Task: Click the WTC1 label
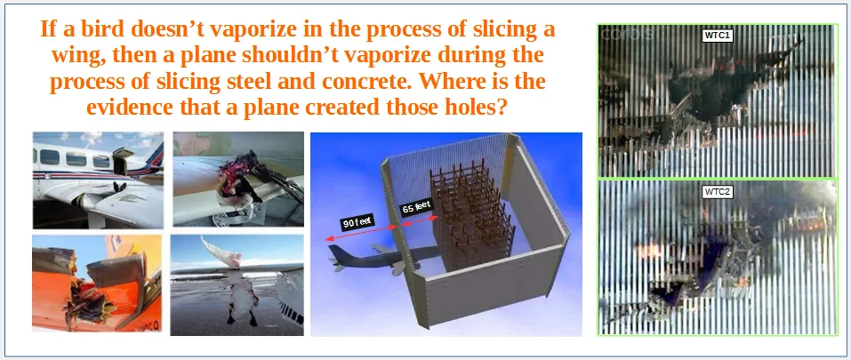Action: coord(718,36)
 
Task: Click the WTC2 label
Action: coord(719,192)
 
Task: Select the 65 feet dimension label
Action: coord(416,207)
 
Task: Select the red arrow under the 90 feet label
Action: coord(361,233)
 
